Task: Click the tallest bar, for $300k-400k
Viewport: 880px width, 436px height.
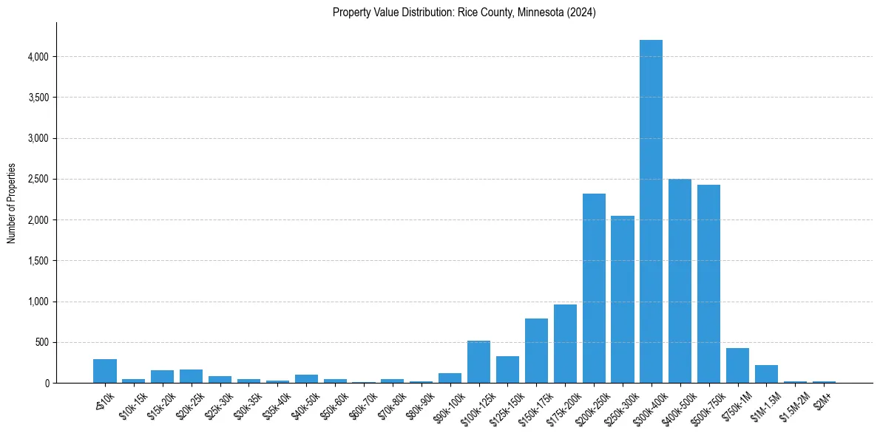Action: tap(651, 214)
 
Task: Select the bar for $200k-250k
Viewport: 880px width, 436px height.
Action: tap(594, 288)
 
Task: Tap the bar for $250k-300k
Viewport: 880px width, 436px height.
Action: tap(623, 299)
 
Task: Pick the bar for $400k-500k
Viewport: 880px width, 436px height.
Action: tap(680, 281)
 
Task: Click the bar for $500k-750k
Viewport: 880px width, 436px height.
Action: tap(708, 285)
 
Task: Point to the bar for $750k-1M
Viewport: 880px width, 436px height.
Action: tap(737, 366)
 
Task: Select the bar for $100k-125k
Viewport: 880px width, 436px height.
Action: tap(478, 362)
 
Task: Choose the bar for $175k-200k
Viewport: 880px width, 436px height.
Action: tap(565, 344)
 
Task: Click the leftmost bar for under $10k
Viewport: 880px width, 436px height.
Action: tap(104, 371)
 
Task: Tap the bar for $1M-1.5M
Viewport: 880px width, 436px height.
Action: tap(766, 374)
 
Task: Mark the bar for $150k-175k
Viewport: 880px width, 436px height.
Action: tap(536, 351)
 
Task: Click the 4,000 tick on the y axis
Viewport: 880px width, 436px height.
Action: tap(38, 57)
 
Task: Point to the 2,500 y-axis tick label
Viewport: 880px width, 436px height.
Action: tap(38, 180)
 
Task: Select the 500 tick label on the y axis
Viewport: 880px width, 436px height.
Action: tap(41, 343)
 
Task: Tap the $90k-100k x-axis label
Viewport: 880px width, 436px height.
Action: tap(450, 406)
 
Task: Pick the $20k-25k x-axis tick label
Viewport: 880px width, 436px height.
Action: tap(191, 404)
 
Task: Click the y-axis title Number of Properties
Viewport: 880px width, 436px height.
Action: tap(11, 203)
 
